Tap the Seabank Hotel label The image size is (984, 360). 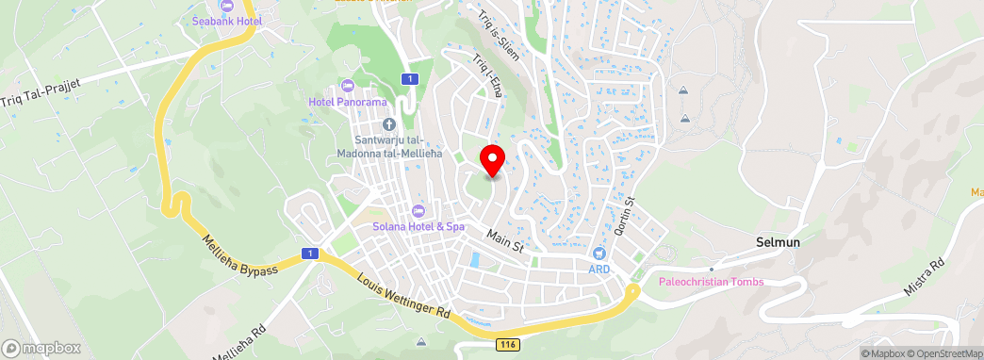[226, 20]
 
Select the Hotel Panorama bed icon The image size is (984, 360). [348, 87]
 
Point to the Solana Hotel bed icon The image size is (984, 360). [418, 210]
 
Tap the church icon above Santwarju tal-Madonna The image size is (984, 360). [387, 124]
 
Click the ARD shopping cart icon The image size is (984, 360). [599, 254]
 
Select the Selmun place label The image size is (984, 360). [778, 242]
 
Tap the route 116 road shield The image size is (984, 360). [509, 347]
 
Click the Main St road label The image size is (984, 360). [505, 240]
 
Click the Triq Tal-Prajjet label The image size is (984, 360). [41, 90]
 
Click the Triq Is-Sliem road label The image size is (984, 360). [498, 30]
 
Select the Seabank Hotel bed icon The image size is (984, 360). [226, 6]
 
